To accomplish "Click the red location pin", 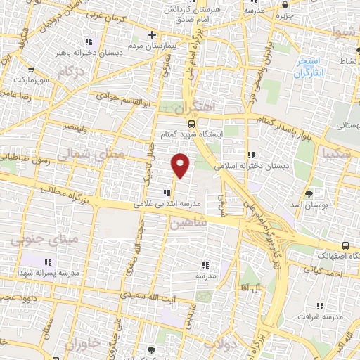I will tap(181, 165).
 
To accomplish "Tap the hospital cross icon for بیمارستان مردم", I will tap(152, 34).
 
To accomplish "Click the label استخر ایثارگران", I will tap(311, 67).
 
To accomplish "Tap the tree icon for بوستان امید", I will tap(309, 193).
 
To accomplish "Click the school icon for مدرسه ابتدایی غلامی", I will tap(166, 193).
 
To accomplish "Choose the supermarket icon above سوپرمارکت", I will tap(31, 69).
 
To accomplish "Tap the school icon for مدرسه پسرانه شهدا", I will tap(49, 262).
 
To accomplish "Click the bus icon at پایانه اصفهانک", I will tap(345, 245).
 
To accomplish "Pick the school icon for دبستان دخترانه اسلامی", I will tap(250, 155).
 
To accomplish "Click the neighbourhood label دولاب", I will tap(218, 345).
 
